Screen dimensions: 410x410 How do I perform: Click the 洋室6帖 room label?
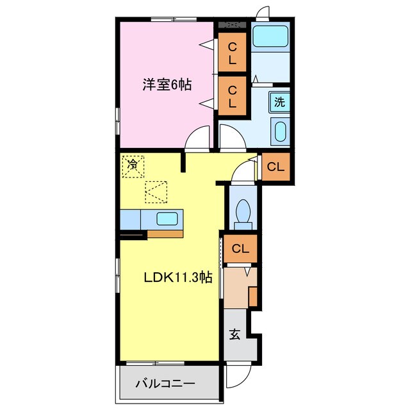point(167,84)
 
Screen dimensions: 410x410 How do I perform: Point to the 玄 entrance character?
point(235,334)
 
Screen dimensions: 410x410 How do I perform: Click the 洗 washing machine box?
point(279,101)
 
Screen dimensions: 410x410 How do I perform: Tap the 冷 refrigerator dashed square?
point(133,165)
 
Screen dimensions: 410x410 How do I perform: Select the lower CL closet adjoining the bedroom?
point(233,95)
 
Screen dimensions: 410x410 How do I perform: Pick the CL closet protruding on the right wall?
point(275,167)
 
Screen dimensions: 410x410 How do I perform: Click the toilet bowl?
point(243,211)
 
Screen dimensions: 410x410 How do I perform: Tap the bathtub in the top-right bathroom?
point(271,36)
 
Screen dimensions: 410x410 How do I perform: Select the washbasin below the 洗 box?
point(280,132)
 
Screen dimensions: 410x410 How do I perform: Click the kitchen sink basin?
point(168,218)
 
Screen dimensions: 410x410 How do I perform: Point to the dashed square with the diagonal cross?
point(156,191)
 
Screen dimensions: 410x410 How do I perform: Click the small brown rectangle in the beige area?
point(252,297)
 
